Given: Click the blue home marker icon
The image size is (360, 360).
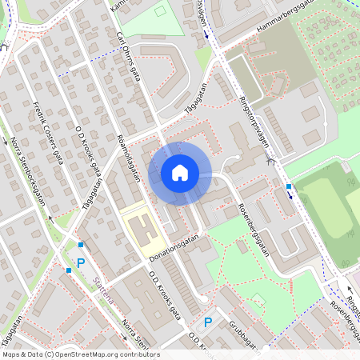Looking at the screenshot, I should [180, 174].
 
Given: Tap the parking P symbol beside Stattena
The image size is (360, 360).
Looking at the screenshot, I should [80, 262].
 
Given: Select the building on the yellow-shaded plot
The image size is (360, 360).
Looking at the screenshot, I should [143, 230].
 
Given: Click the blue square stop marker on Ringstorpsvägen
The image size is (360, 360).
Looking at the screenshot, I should [289, 186].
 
